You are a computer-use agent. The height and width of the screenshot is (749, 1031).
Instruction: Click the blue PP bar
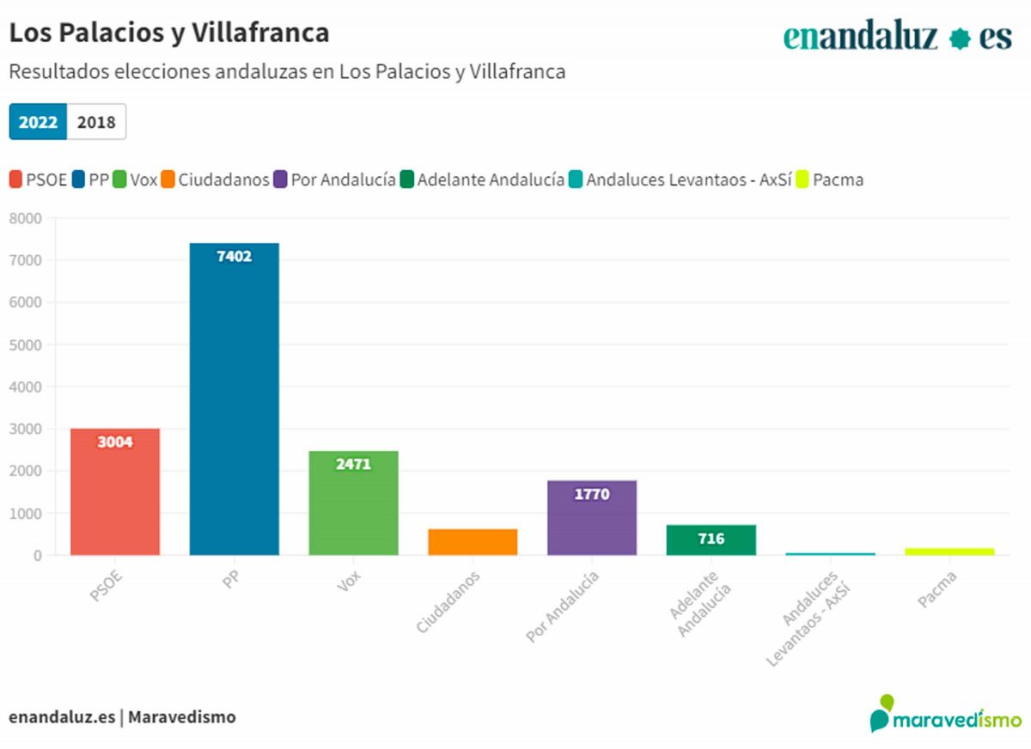[x=235, y=399]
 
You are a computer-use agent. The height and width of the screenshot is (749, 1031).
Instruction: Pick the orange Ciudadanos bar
[x=473, y=542]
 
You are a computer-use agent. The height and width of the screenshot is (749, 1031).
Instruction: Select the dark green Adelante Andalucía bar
[x=711, y=540]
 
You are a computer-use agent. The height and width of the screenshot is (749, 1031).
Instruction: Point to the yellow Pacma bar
[x=949, y=551]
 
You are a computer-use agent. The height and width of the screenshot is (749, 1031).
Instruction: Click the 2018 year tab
[x=96, y=122]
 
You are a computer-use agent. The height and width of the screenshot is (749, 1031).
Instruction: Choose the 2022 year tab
[x=39, y=122]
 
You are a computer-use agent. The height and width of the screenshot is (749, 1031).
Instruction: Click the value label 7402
[x=235, y=256]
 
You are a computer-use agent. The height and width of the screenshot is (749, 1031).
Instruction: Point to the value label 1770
[x=592, y=494]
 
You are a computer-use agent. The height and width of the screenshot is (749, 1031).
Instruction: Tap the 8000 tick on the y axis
[x=25, y=218]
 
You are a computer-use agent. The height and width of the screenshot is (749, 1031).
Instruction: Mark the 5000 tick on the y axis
[x=25, y=344]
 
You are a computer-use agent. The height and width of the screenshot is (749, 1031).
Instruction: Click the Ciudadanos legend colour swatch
[x=168, y=180]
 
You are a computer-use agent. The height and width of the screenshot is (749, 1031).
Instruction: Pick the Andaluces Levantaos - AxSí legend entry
[x=680, y=180]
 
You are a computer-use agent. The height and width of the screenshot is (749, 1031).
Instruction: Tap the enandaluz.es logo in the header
[x=897, y=37]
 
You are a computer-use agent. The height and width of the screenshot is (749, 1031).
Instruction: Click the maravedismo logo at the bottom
[x=946, y=716]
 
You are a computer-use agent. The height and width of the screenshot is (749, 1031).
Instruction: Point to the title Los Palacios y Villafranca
[x=169, y=33]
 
